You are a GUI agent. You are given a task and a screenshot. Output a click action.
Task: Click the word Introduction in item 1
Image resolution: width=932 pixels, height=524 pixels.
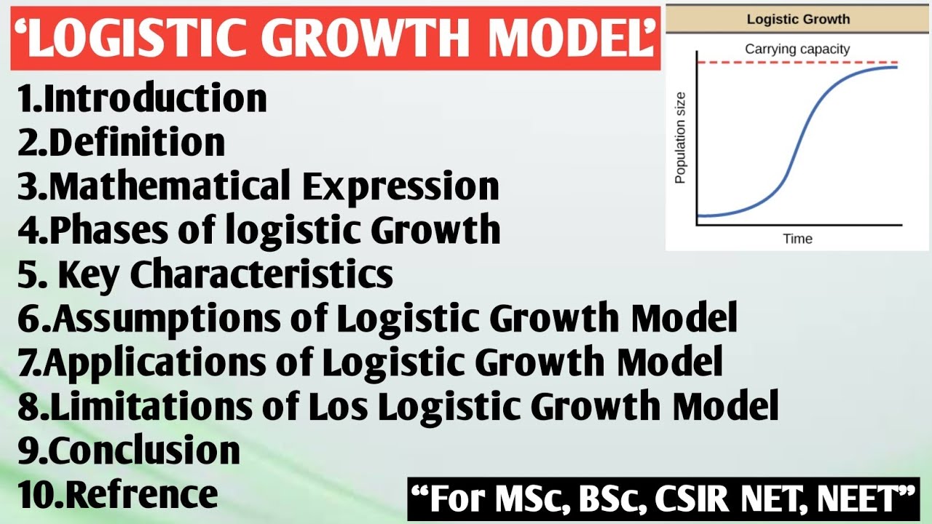[x=155, y=99]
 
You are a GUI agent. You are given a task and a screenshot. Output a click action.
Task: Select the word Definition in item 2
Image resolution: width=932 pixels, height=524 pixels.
[x=136, y=143]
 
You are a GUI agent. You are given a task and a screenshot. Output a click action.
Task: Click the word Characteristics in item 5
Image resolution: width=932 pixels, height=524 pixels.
[x=262, y=274]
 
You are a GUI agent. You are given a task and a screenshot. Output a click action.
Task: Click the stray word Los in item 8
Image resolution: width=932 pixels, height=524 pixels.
[x=341, y=406]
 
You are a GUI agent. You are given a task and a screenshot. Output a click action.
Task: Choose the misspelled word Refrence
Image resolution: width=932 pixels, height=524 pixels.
[x=142, y=495]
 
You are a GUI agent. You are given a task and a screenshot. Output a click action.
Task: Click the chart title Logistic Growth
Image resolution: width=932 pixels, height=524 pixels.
[x=798, y=20]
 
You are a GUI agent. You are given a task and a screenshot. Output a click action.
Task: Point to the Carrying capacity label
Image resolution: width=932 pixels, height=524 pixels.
[x=797, y=49]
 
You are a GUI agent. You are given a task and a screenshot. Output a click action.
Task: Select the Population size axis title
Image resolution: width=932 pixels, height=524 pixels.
[x=681, y=138]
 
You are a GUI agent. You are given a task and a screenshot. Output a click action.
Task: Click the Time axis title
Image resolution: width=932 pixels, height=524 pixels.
[x=797, y=239]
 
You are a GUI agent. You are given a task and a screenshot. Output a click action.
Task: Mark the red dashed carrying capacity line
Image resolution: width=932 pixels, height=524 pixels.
[x=728, y=63]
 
